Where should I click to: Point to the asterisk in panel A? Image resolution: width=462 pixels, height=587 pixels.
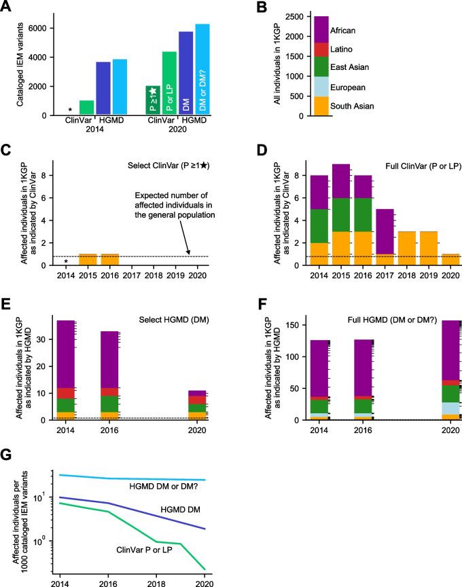[x=71, y=110]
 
